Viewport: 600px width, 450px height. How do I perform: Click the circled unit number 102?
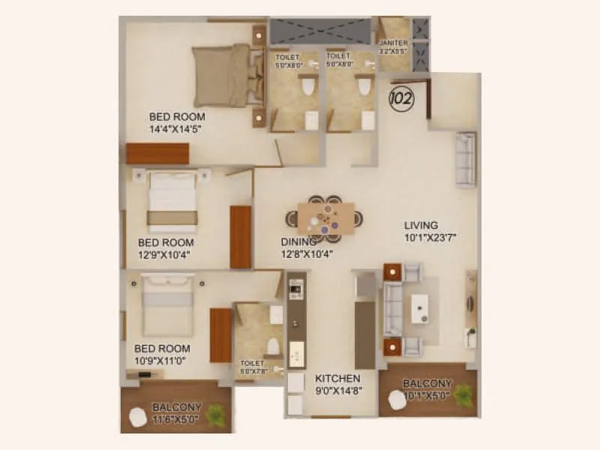point(402,97)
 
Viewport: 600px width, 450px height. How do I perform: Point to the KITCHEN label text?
point(337,379)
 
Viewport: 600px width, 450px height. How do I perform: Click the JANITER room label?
point(394,43)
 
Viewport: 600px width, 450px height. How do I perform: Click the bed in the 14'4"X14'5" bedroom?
point(222,75)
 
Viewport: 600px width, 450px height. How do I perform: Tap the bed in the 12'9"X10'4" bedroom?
point(173,200)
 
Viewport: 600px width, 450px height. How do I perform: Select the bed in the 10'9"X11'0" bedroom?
point(168,306)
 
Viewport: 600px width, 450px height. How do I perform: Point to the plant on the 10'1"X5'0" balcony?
point(463,393)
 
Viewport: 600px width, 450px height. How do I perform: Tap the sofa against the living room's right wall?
point(465,159)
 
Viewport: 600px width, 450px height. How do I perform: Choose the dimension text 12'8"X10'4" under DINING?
point(307,253)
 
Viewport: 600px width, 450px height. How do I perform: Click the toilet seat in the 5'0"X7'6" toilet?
point(274,346)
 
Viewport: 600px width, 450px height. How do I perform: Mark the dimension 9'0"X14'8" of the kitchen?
point(338,390)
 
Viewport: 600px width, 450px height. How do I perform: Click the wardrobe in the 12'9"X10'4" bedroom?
point(240,236)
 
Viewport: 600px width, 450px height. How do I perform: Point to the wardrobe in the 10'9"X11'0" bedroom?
point(220,334)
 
